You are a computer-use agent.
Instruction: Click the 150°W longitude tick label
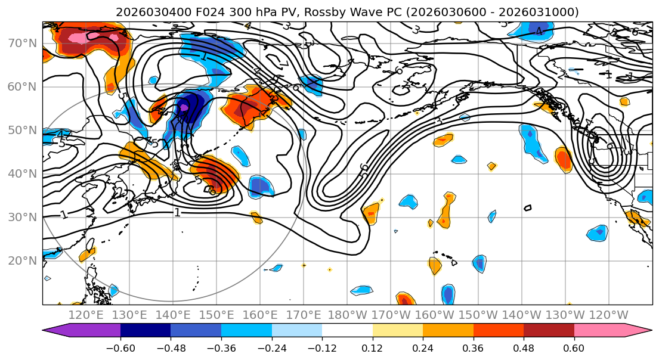tap(478, 315)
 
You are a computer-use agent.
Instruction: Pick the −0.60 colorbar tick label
tap(120, 347)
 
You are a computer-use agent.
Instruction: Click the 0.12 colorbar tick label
tap(373, 347)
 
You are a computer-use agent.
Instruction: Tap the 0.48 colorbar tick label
tap(524, 347)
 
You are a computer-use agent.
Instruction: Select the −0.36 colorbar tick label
tap(221, 347)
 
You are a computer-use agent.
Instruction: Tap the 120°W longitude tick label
tap(608, 315)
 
